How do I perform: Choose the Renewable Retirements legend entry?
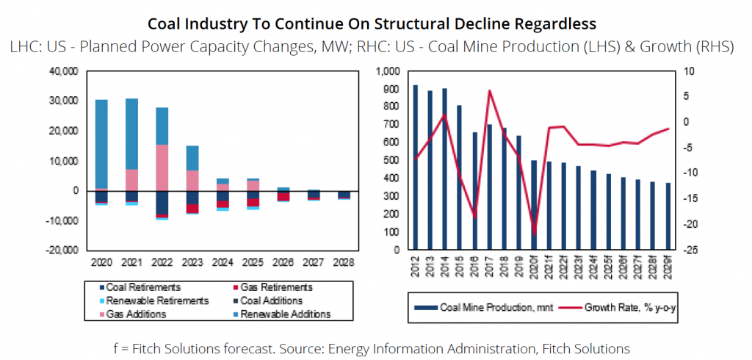coord(153,300)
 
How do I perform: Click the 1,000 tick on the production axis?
coord(387,72)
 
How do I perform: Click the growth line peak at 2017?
coord(490,90)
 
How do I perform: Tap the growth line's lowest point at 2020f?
coord(534,234)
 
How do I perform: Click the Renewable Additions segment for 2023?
coord(192,158)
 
